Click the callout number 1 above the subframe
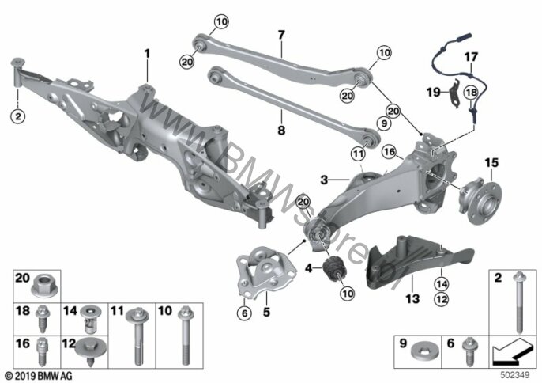tap(146, 53)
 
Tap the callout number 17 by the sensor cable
tap(470, 58)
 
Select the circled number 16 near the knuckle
tap(389, 150)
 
